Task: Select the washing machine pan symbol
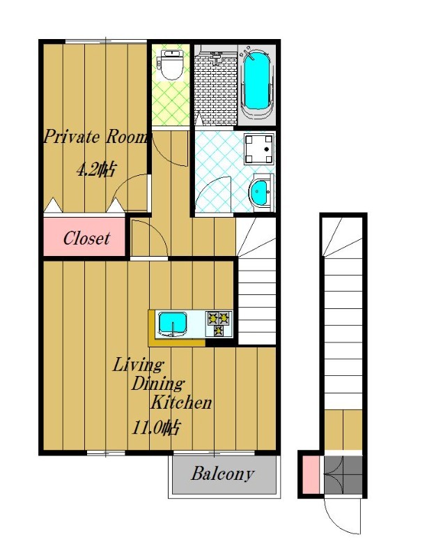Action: tap(259, 148)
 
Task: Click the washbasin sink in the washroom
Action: tap(261, 193)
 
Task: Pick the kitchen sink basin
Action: tap(173, 323)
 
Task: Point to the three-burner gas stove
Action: tap(219, 323)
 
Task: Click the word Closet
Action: tap(86, 238)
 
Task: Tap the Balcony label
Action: tap(223, 474)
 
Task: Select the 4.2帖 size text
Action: tap(96, 169)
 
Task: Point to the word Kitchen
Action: tap(181, 402)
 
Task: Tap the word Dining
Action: tap(157, 383)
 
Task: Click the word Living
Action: tap(138, 365)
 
